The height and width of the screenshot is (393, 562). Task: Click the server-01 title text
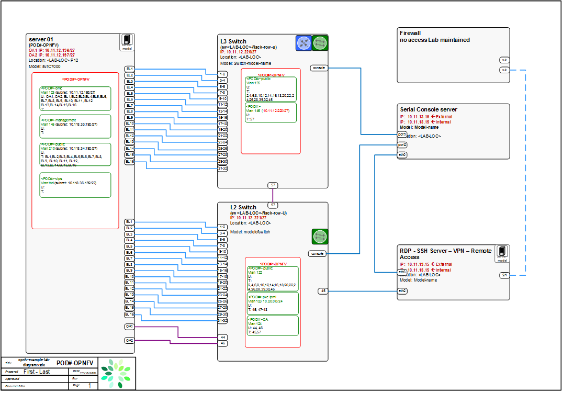point(42,39)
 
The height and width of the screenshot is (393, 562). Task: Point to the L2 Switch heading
point(243,207)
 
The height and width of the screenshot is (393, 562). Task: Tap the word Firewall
point(410,33)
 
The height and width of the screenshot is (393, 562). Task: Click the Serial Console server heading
point(428,109)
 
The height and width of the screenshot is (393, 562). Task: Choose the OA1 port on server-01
point(129,327)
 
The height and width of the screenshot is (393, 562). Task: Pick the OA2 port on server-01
point(129,340)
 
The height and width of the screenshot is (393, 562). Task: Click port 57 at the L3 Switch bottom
point(273,185)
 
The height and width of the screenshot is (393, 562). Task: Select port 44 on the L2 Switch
point(222,338)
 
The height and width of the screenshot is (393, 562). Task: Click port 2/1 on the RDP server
point(504,275)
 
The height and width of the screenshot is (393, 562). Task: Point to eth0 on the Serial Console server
point(402,155)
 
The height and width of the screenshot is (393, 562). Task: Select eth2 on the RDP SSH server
point(402,290)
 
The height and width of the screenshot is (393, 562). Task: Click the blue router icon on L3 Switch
point(304,43)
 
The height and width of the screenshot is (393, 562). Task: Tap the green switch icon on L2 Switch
point(320,237)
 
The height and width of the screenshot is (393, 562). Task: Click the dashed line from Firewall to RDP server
point(525,173)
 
